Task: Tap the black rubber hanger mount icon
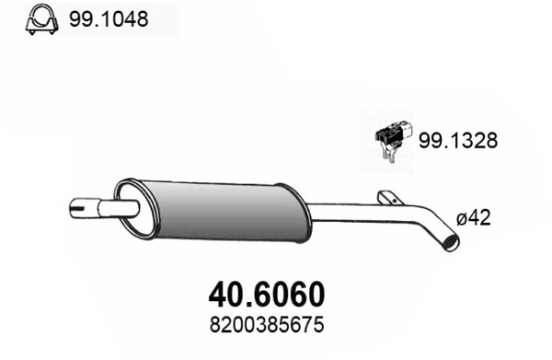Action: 393,138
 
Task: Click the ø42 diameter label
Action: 475,219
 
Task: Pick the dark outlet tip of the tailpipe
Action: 451,242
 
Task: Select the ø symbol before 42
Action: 462,219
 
